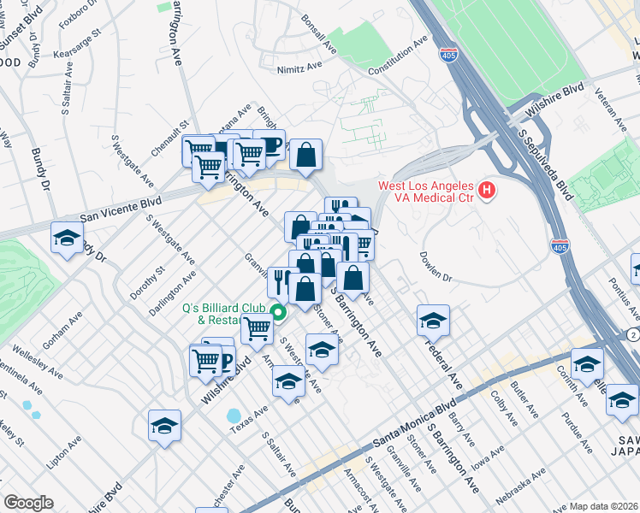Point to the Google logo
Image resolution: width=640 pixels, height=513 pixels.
tap(28, 503)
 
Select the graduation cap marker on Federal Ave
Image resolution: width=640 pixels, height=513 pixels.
tap(434, 321)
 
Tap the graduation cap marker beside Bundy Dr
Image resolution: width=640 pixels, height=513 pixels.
tap(67, 239)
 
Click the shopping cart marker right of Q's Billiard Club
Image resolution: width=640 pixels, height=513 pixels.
tap(257, 328)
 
